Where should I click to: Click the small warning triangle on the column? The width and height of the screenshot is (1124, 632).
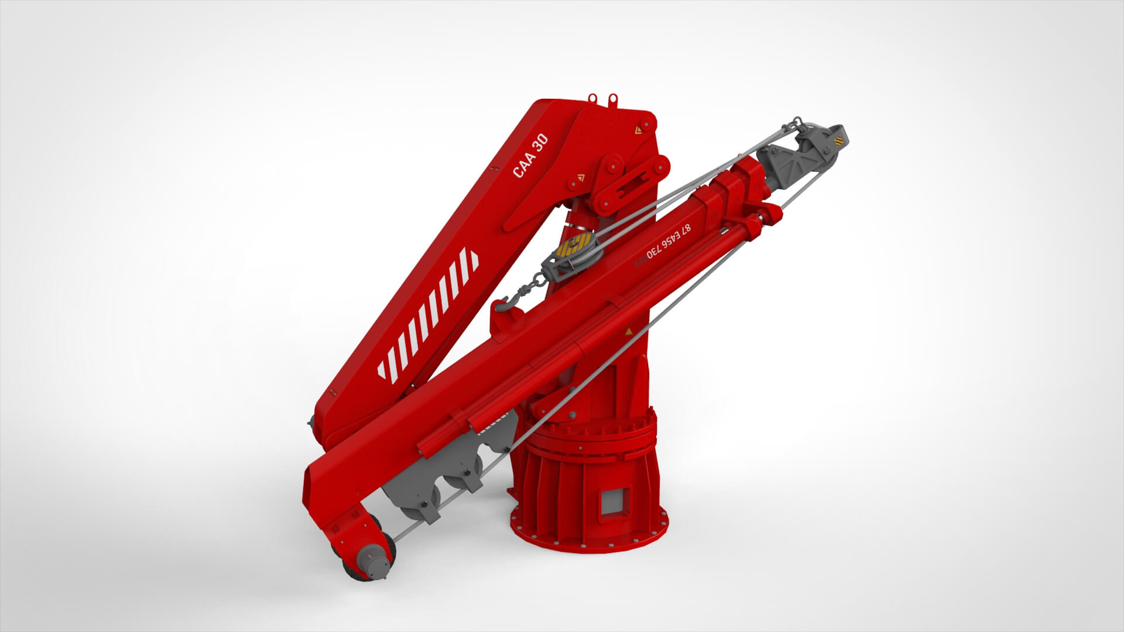(x=629, y=332)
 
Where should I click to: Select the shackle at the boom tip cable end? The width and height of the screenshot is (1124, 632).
(x=797, y=123)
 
